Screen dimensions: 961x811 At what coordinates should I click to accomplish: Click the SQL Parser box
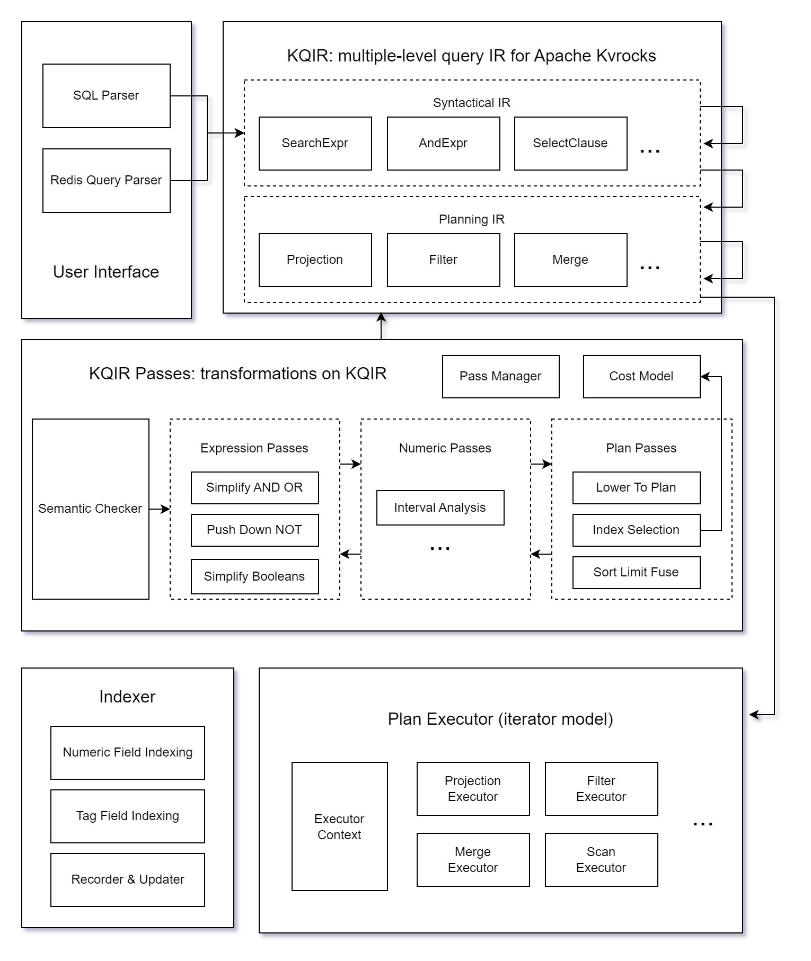coord(106,96)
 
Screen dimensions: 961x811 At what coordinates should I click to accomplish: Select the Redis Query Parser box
coord(106,181)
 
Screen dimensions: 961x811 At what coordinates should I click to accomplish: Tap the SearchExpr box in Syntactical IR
coord(315,144)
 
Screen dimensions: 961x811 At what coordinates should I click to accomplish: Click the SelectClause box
coord(570,144)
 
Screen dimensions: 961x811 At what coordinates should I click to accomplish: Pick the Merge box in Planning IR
coord(570,260)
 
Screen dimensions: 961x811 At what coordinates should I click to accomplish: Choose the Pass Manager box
coord(500,377)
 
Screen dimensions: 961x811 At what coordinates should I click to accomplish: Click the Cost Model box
coord(641,377)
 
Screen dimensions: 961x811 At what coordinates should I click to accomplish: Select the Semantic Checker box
coord(90,509)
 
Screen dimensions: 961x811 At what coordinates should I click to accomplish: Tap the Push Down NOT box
coord(254,530)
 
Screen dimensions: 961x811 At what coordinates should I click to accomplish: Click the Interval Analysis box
coord(440,508)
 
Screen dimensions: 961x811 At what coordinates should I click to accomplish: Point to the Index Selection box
coord(636,530)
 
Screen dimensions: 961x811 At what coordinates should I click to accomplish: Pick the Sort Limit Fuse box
coord(636,573)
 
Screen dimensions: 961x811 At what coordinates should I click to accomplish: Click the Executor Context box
coord(339,826)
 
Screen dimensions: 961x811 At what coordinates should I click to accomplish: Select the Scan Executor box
coord(601,860)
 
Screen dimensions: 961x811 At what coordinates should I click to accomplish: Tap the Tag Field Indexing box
coord(127,816)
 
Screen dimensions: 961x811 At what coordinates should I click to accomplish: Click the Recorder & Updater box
coord(127,880)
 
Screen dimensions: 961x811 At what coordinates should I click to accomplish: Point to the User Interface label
coord(106,272)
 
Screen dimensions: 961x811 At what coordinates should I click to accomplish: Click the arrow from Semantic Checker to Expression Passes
coord(160,509)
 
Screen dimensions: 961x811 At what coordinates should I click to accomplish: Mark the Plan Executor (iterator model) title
coord(500,719)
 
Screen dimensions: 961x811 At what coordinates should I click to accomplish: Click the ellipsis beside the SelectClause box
coord(650,151)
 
